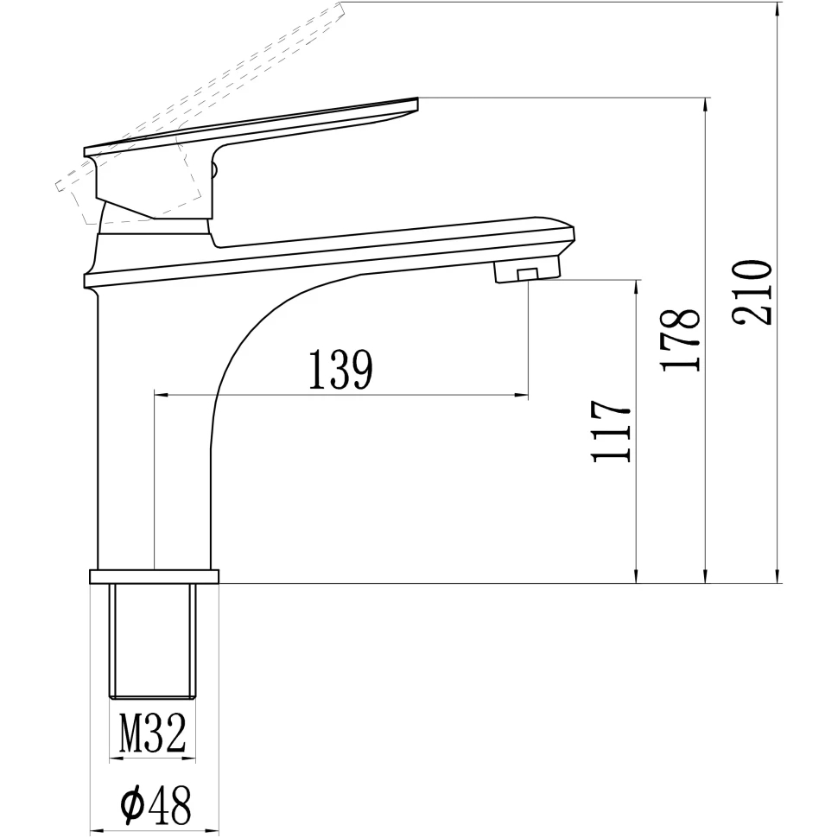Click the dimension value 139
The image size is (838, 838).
[x=340, y=370]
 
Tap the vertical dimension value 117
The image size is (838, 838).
[x=611, y=431]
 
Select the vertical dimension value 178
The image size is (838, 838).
[x=680, y=340]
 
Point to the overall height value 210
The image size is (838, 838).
[x=752, y=293]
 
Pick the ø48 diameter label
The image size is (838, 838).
[x=156, y=805]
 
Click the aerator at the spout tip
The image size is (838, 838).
[x=526, y=269]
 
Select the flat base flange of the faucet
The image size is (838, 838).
[x=154, y=576]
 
